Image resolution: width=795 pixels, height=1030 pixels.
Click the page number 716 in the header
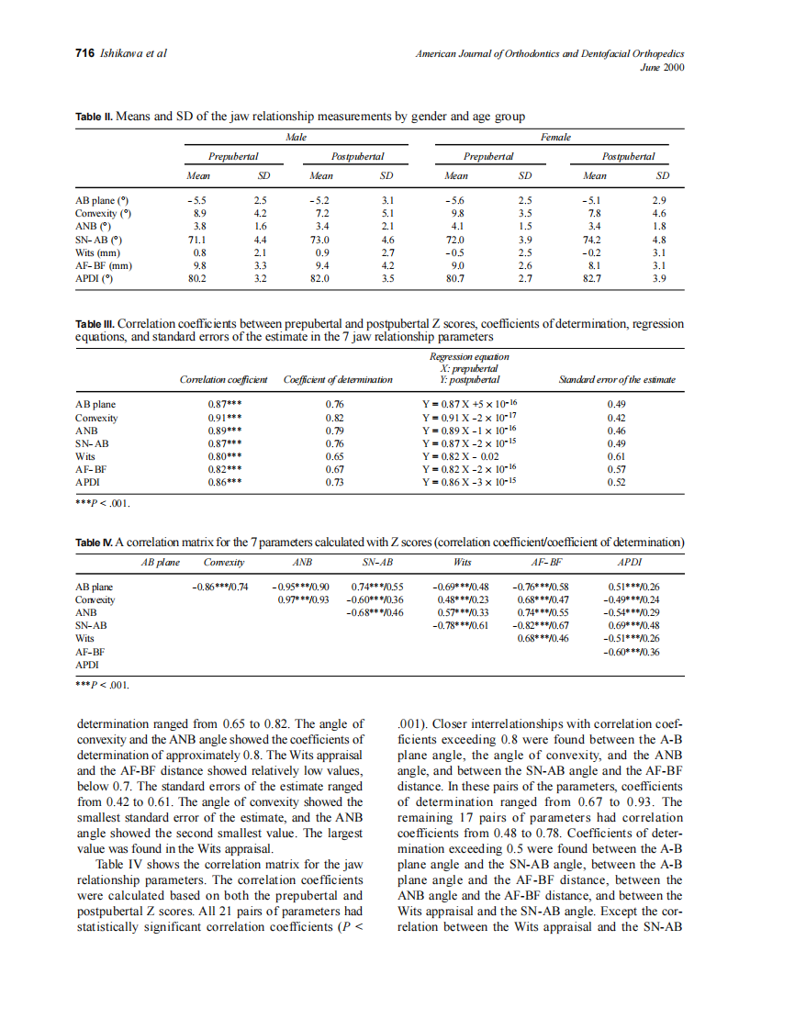point(84,53)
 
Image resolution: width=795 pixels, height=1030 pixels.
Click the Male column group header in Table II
point(297,137)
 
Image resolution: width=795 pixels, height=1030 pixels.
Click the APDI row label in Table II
point(94,279)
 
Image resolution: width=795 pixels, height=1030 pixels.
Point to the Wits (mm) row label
point(98,252)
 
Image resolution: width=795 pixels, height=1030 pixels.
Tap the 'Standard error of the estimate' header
point(617,379)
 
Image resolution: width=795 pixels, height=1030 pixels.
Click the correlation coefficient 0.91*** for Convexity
point(225,417)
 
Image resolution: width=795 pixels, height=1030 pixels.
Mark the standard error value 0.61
point(617,455)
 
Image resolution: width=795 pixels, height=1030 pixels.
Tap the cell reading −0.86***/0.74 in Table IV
point(219,587)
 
